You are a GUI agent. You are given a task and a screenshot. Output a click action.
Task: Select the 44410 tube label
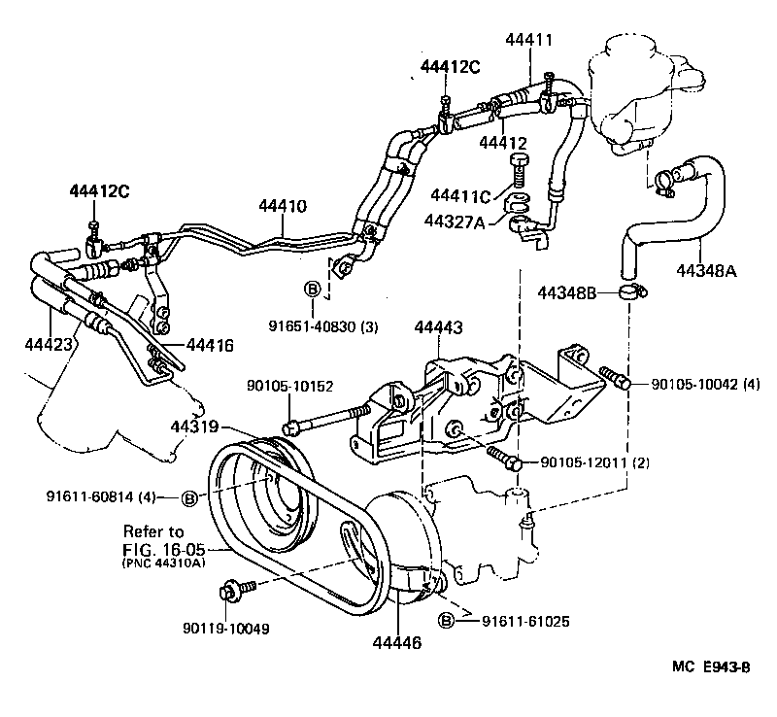283,206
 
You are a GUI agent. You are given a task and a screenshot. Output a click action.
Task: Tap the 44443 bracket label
439,329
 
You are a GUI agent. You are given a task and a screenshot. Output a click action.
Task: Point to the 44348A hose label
704,271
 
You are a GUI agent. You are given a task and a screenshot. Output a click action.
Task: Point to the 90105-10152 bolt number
289,386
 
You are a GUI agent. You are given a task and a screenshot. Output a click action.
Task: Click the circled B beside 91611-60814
190,497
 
